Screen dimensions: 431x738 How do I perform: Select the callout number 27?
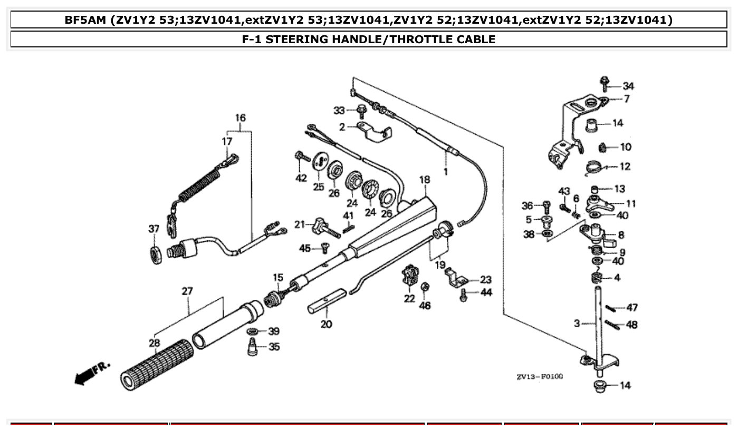coord(187,291)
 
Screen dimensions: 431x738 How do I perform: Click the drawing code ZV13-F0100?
coord(539,377)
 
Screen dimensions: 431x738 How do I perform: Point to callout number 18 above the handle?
coord(425,180)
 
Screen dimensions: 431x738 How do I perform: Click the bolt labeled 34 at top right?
coord(603,83)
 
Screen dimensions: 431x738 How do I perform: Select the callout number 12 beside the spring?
coord(625,166)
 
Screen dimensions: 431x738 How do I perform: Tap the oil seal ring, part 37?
coord(156,253)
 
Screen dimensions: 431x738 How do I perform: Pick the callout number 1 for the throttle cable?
coord(446,171)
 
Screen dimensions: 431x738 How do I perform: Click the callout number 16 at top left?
coord(240,117)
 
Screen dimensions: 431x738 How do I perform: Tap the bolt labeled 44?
coord(464,295)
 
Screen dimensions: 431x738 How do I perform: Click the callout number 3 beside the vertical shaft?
coord(577,322)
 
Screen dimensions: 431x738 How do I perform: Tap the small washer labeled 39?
coord(253,331)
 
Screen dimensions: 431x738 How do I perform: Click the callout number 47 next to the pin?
coord(631,308)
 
